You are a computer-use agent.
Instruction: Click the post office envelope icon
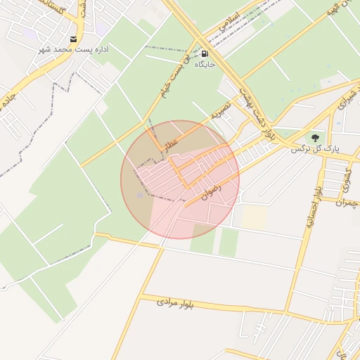coord(74,39)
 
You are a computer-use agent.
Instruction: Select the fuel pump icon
coord(205,53)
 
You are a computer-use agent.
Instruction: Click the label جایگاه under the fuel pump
coord(204,65)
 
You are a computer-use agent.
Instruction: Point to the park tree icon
coord(314,137)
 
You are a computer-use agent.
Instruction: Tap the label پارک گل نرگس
coord(315,150)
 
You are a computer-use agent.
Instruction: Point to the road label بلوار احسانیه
coord(313,210)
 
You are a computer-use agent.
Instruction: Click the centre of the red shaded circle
coord(180,180)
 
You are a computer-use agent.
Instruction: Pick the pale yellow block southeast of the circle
coord(254,217)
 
